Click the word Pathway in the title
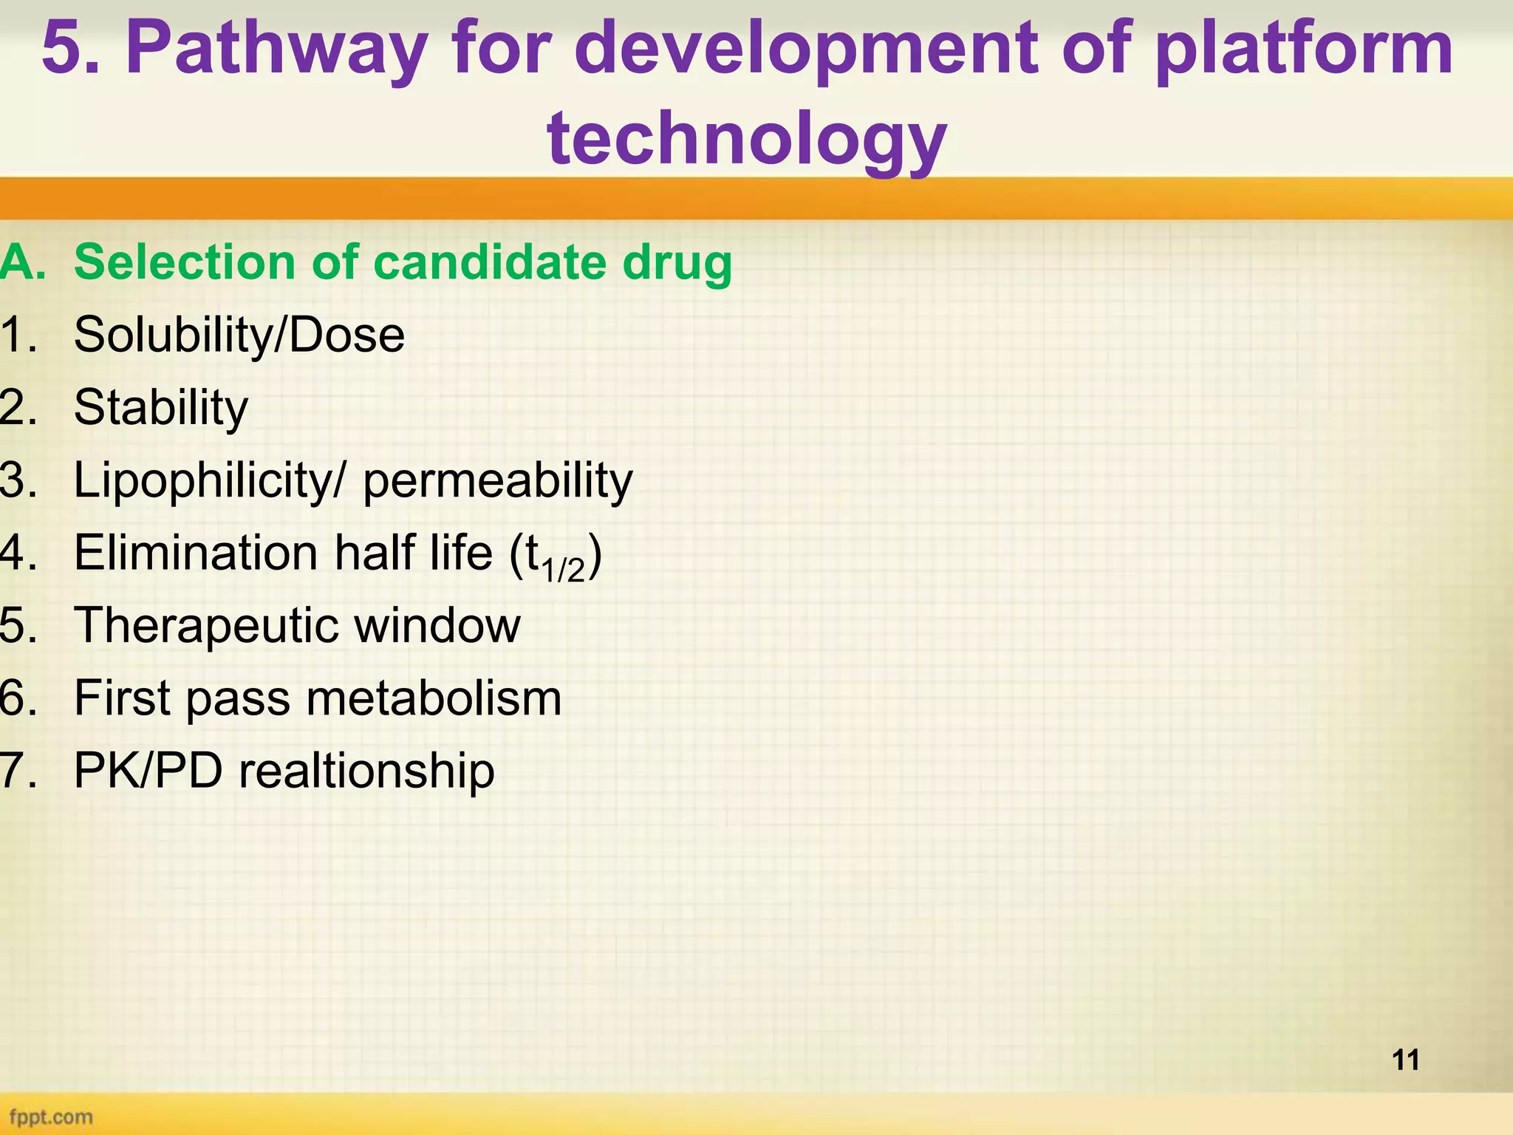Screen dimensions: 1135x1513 click(x=275, y=50)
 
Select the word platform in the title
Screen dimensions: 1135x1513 click(x=1303, y=50)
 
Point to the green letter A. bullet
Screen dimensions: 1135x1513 click(x=22, y=262)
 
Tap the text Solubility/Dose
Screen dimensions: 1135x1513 click(x=239, y=335)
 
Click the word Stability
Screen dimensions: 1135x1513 click(x=161, y=407)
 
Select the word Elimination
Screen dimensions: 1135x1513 click(x=197, y=553)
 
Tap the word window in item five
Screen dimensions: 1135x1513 click(x=437, y=625)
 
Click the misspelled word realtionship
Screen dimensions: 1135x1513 click(x=366, y=771)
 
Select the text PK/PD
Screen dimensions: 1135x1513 click(x=148, y=771)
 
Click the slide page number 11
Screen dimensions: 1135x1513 click(x=1406, y=1060)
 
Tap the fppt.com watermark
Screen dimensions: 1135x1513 click(x=51, y=1117)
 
